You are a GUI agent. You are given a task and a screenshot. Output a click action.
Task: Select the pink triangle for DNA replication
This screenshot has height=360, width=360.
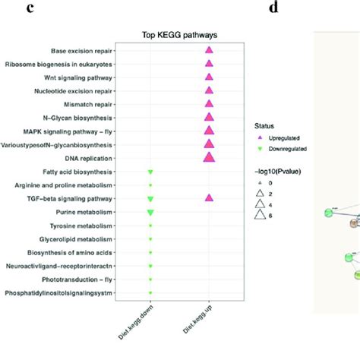[209, 157]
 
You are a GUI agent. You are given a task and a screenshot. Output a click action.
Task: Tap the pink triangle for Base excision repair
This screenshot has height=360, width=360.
[209, 50]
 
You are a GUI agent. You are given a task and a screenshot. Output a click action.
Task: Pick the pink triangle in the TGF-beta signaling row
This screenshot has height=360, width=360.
[209, 198]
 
